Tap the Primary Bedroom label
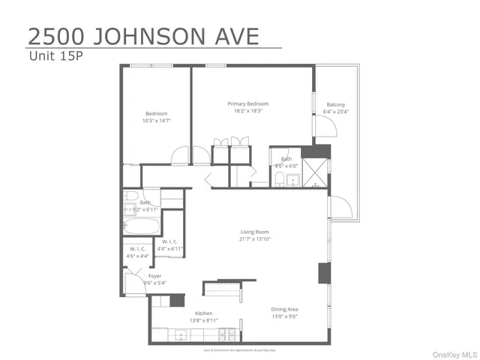point(248,103)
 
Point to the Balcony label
point(336,104)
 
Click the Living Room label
point(255,232)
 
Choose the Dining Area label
point(285,309)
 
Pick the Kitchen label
point(203,313)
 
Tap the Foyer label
point(154,276)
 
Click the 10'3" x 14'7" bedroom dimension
point(155,120)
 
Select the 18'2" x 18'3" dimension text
point(248,111)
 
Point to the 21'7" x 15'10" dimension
point(255,239)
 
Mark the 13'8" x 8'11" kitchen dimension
point(203,321)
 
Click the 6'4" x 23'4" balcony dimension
point(336,112)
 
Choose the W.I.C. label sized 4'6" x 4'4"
point(138,248)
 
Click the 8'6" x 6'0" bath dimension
point(286,166)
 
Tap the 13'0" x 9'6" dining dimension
point(285,316)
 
